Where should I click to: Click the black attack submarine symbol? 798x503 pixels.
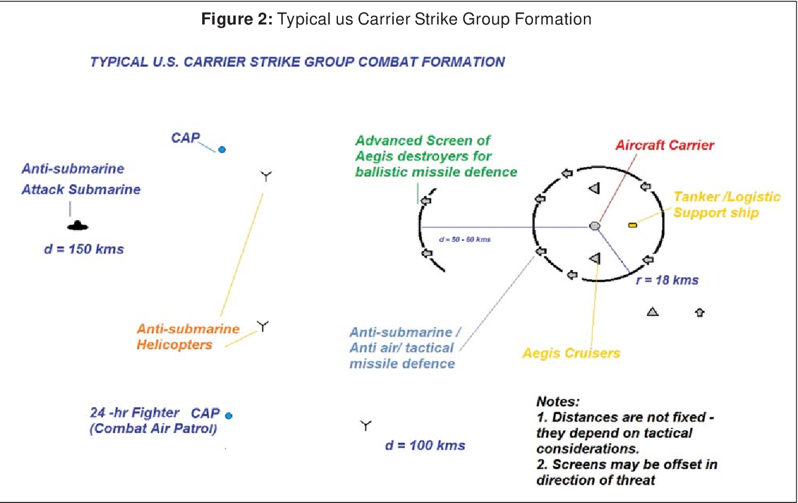tap(78, 226)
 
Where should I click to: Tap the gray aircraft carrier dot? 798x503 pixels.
tap(595, 226)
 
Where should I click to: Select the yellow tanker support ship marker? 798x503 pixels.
tap(632, 225)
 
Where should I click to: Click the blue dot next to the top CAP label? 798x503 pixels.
tap(222, 150)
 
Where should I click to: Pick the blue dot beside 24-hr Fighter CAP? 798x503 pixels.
tap(229, 416)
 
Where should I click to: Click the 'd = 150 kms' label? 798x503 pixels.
tap(84, 249)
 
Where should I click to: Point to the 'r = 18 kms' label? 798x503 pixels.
tap(667, 280)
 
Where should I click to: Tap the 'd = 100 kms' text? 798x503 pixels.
tap(425, 445)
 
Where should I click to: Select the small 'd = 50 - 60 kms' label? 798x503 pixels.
tap(465, 240)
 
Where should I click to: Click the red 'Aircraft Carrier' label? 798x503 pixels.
tap(665, 145)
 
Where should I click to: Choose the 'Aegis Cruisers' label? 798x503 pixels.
tap(571, 353)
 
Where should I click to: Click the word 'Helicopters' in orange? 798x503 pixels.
tap(175, 345)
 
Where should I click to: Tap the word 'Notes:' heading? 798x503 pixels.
tap(558, 401)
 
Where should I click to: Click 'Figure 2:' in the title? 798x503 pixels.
tap(237, 19)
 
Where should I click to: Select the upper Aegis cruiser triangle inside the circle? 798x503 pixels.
tap(594, 188)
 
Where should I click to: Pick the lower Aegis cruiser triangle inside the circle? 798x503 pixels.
tap(595, 258)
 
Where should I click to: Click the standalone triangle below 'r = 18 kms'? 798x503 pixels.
tap(652, 312)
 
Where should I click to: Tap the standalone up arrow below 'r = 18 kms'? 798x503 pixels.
tap(700, 312)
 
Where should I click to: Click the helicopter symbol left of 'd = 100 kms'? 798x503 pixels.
tap(366, 425)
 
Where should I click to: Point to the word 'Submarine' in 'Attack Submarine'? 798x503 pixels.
tap(104, 189)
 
